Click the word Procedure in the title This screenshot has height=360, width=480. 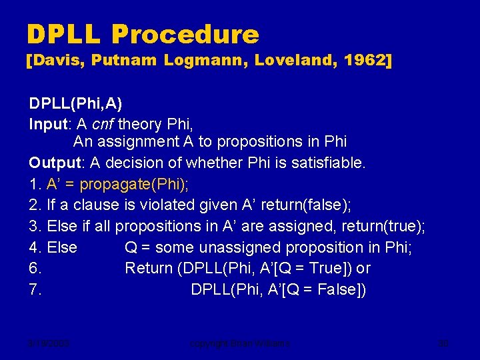point(185,35)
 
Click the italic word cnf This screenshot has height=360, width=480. point(103,124)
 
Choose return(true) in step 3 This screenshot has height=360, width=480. point(384,227)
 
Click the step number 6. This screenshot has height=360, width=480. point(35,269)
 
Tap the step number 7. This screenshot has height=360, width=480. point(35,290)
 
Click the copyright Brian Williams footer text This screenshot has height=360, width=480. point(239,344)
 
